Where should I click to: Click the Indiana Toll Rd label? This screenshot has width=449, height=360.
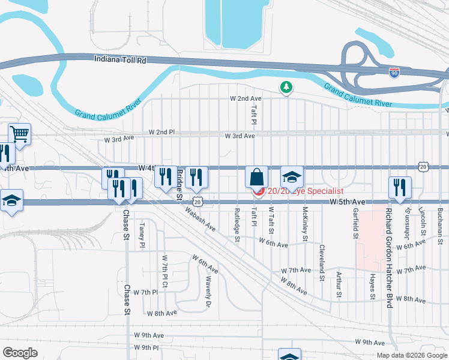121,59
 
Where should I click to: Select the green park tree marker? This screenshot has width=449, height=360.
286,88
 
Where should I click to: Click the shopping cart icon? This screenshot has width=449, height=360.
19,134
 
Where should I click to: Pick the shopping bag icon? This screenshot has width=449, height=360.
256,178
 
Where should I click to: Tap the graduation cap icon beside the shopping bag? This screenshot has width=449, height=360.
292,177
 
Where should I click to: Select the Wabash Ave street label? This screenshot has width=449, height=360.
200,219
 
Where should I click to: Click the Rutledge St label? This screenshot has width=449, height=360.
237,226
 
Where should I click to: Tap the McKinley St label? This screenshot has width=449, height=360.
306,221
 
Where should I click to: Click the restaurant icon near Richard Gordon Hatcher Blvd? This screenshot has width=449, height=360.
400,187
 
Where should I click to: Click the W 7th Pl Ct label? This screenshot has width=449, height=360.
164,270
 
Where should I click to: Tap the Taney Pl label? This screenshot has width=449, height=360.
142,235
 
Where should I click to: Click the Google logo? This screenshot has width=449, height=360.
20,353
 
